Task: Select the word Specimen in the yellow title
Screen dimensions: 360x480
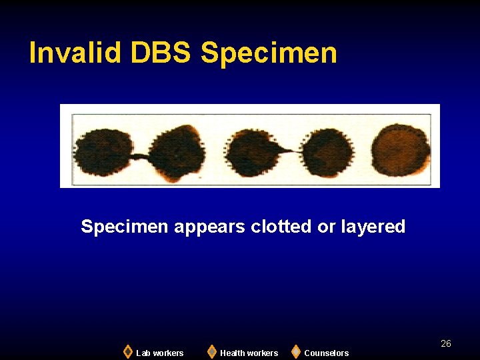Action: pyautogui.click(x=269, y=53)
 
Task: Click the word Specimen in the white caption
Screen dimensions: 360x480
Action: pyautogui.click(x=125, y=227)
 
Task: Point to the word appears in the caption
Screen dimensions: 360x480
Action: pyautogui.click(x=210, y=227)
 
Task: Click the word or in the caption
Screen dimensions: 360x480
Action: pyautogui.click(x=327, y=227)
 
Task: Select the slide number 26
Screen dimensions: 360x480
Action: pyautogui.click(x=446, y=343)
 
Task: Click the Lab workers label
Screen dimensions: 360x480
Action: pyautogui.click(x=160, y=353)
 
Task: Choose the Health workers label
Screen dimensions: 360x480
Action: pyautogui.click(x=249, y=353)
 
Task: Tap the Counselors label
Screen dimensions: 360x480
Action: pyautogui.click(x=327, y=353)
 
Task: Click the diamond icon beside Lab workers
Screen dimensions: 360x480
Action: pyautogui.click(x=127, y=351)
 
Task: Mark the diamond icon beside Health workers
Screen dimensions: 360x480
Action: pyautogui.click(x=211, y=351)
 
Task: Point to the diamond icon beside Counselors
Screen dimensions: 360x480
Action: pyautogui.click(x=296, y=351)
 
